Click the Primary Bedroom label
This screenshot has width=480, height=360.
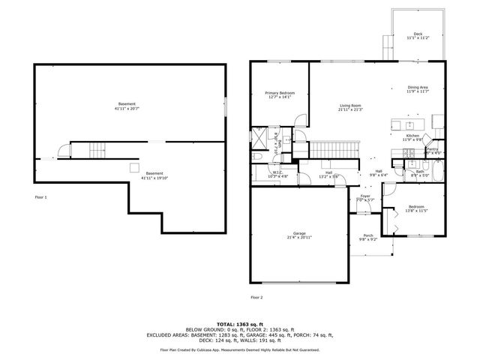(x=278, y=94)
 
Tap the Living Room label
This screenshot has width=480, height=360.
(x=350, y=107)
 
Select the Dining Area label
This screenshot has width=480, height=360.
(x=418, y=89)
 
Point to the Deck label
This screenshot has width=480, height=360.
(x=418, y=35)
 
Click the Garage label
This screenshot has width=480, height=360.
(x=299, y=235)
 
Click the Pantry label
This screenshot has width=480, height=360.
(x=432, y=151)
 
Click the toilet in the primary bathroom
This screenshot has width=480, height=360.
(x=256, y=155)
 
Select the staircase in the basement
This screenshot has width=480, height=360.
(x=88, y=151)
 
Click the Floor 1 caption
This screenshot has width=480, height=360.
(x=40, y=197)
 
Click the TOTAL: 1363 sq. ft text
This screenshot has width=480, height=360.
(x=239, y=322)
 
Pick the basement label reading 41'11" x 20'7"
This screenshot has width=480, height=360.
(x=127, y=106)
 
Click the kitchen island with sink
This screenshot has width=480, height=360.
(x=409, y=124)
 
